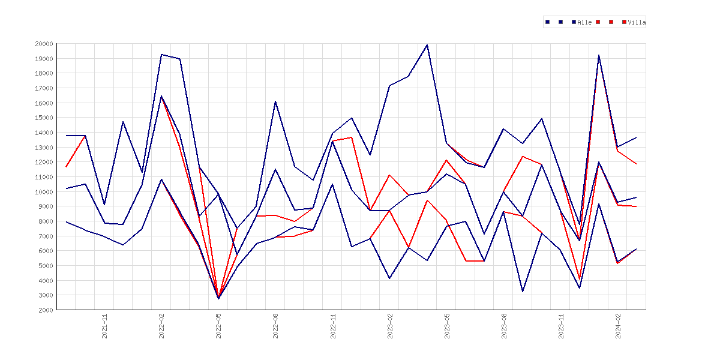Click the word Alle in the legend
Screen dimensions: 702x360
pyautogui.click(x=584, y=22)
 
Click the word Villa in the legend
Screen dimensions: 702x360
pyautogui.click(x=637, y=22)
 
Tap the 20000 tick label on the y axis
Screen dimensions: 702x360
pyautogui.click(x=44, y=44)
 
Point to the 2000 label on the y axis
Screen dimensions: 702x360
pyautogui.click(x=46, y=310)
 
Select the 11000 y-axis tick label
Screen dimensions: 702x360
pyautogui.click(x=44, y=177)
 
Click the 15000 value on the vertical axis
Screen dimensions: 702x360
pyautogui.click(x=44, y=118)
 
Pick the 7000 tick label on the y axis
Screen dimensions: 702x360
pyautogui.click(x=46, y=236)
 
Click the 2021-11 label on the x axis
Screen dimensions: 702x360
pyautogui.click(x=105, y=326)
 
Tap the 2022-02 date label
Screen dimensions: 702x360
pyautogui.click(x=161, y=326)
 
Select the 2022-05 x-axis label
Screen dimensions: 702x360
pyautogui.click(x=219, y=326)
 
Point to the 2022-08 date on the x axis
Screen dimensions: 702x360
pyautogui.click(x=276, y=326)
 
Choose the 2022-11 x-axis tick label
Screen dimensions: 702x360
pyautogui.click(x=333, y=326)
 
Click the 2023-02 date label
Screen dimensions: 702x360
pyautogui.click(x=390, y=326)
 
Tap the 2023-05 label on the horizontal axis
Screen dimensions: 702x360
pyautogui.click(x=447, y=326)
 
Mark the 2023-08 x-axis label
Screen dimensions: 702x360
pyautogui.click(x=504, y=326)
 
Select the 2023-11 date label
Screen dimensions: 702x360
pyautogui.click(x=562, y=326)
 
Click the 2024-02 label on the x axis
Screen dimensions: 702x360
pyautogui.click(x=618, y=326)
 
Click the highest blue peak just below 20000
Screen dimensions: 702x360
pyautogui.click(x=427, y=45)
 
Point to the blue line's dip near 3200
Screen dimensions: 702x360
pyautogui.click(x=523, y=292)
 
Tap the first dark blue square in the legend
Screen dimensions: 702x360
pyautogui.click(x=548, y=22)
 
